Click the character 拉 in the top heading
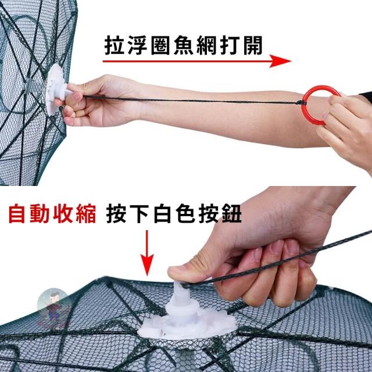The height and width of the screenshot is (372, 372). pyautogui.click(x=114, y=45)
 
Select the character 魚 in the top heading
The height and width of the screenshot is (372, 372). pyautogui.click(x=184, y=45)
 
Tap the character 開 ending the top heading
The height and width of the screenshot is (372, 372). pyautogui.click(x=253, y=45)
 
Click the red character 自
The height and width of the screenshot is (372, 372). pyautogui.click(x=17, y=213)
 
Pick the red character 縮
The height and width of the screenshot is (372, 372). pyautogui.click(x=86, y=213)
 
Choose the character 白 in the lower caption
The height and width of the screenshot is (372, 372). pyautogui.click(x=162, y=213)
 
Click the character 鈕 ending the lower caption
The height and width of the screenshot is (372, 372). pyautogui.click(x=232, y=213)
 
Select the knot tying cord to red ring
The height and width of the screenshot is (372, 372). pyautogui.click(x=301, y=103)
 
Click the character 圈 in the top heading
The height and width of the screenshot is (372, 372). pyautogui.click(x=160, y=45)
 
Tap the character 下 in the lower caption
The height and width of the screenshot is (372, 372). pyautogui.click(x=139, y=213)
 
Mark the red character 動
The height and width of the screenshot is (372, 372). pyautogui.click(x=40, y=213)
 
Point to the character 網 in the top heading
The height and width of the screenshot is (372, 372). pyautogui.click(x=206, y=45)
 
